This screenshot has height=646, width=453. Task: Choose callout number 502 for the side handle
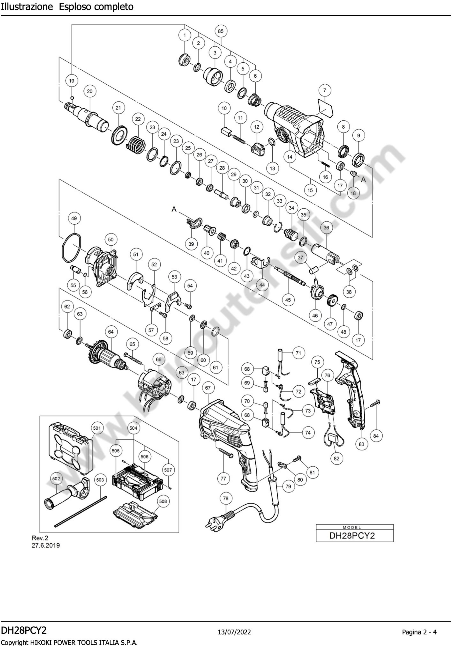click(x=56, y=478)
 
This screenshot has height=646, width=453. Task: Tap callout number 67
click(x=208, y=388)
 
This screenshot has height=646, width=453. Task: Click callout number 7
click(x=325, y=90)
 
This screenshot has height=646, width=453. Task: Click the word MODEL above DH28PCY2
click(x=352, y=527)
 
